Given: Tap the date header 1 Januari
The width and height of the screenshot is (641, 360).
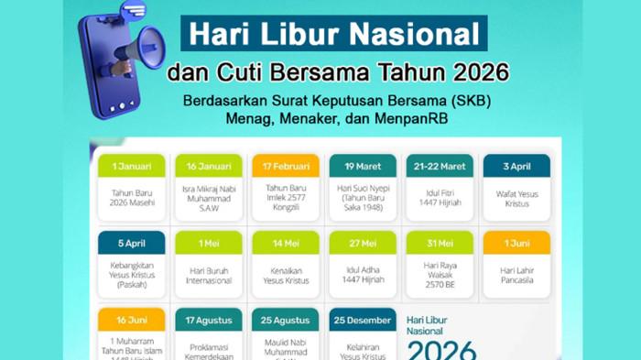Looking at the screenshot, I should click(132, 166).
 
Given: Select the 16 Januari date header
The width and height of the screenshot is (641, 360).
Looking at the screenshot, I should click(209, 166).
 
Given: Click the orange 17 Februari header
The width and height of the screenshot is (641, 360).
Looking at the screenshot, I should click(286, 166).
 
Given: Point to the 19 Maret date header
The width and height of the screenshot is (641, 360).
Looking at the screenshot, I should click(363, 166).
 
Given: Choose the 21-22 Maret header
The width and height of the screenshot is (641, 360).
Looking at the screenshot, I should click(440, 166).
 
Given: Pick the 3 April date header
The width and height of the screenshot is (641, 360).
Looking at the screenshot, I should click(516, 166).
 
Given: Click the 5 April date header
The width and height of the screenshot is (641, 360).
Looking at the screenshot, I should click(132, 243).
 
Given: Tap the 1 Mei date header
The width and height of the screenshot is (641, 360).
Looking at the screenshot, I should click(209, 243).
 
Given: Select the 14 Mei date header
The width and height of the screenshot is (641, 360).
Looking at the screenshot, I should click(286, 243).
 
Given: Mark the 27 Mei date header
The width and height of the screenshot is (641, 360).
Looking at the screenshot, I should click(363, 243).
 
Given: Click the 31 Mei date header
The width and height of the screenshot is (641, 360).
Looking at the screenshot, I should click(440, 243).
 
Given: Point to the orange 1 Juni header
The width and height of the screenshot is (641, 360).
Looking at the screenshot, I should click(516, 243).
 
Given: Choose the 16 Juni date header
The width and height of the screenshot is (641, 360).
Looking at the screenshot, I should click(132, 320).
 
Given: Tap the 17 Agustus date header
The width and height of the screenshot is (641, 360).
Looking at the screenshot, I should click(209, 320).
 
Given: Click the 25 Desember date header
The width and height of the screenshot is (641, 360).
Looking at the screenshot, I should click(363, 320).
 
